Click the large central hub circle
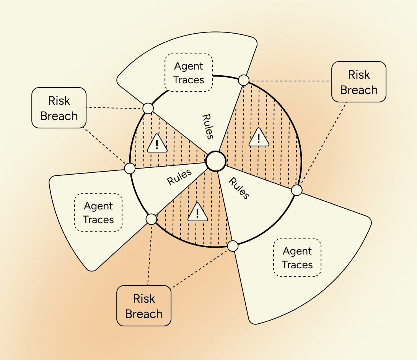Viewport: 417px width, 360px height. (x=216, y=161)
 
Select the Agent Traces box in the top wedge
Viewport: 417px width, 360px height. (x=189, y=73)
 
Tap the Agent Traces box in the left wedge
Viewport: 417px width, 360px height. (x=98, y=212)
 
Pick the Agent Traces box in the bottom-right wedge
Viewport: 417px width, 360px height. (x=297, y=258)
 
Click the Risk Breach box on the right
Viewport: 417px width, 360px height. (x=359, y=82)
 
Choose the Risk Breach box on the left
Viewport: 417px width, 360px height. (x=59, y=108)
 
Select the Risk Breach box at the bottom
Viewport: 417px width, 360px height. (x=144, y=305)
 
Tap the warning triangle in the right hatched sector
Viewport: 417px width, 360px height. (x=259, y=137)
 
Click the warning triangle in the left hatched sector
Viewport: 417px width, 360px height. (x=157, y=143)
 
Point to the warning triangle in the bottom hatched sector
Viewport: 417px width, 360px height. (x=197, y=212)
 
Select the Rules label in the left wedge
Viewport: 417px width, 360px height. (x=179, y=177)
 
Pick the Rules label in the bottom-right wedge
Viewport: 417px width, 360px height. (x=239, y=188)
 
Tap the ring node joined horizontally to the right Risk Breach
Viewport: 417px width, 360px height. (x=244, y=80)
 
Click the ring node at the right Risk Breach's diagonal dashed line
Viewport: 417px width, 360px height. (x=297, y=190)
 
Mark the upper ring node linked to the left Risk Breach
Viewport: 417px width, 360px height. (x=148, y=109)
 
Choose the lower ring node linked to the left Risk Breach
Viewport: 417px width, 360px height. (x=130, y=168)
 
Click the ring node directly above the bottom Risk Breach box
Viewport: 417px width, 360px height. (x=151, y=219)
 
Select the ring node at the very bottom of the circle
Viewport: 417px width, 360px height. (x=233, y=246)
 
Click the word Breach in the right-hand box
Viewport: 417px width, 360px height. (x=359, y=90)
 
